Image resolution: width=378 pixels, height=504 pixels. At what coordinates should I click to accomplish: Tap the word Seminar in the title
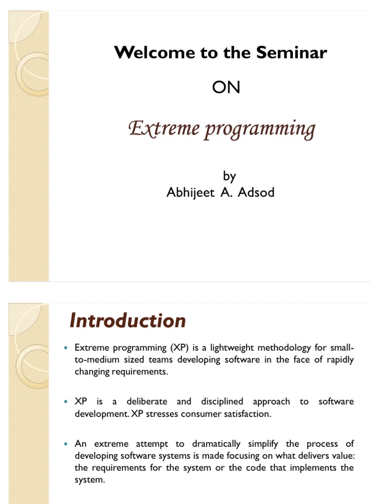point(292,53)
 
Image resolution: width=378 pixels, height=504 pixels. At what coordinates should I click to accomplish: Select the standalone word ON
point(226,88)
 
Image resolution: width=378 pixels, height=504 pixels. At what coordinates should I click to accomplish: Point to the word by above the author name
point(229,176)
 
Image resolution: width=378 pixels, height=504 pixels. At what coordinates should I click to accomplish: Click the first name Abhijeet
point(190,192)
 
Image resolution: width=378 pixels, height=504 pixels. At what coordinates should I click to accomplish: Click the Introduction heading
point(127,321)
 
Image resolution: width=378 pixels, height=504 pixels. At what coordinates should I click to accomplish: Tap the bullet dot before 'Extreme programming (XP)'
point(65,348)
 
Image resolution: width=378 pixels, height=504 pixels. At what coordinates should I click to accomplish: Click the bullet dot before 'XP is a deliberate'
point(65,402)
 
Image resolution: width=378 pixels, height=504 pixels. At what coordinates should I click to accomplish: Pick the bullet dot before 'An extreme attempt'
point(65,444)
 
